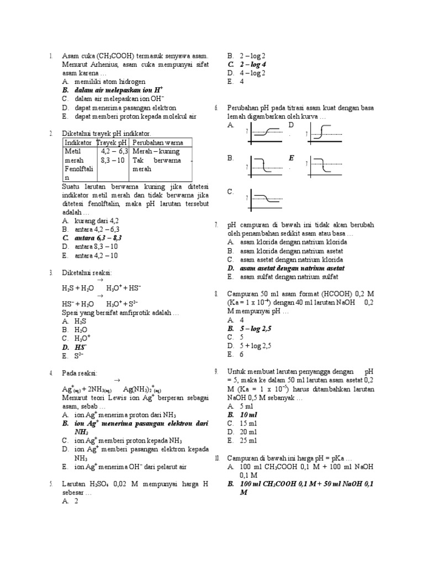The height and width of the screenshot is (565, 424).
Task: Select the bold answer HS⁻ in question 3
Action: pyautogui.click(x=81, y=347)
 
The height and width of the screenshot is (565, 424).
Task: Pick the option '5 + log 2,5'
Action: pyautogui.click(x=256, y=345)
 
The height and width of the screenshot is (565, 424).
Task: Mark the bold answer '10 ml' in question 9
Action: pyautogui.click(x=248, y=414)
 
